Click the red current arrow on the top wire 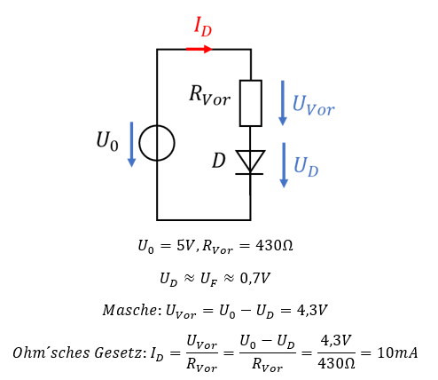click(x=199, y=49)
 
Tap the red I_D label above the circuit click(x=203, y=27)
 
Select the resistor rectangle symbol click(x=251, y=103)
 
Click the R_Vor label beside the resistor click(x=209, y=95)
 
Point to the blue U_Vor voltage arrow click(x=283, y=103)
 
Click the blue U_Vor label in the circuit click(x=313, y=106)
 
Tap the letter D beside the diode click(x=219, y=161)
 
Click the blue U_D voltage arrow click(x=284, y=165)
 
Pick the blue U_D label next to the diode click(x=306, y=167)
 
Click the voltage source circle click(x=157, y=143)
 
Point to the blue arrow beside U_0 click(x=131, y=145)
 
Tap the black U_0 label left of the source click(x=107, y=141)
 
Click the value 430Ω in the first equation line click(x=274, y=245)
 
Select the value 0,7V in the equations click(x=255, y=278)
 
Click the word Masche click(x=130, y=310)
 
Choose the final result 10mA click(x=397, y=352)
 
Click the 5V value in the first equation click(x=185, y=245)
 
